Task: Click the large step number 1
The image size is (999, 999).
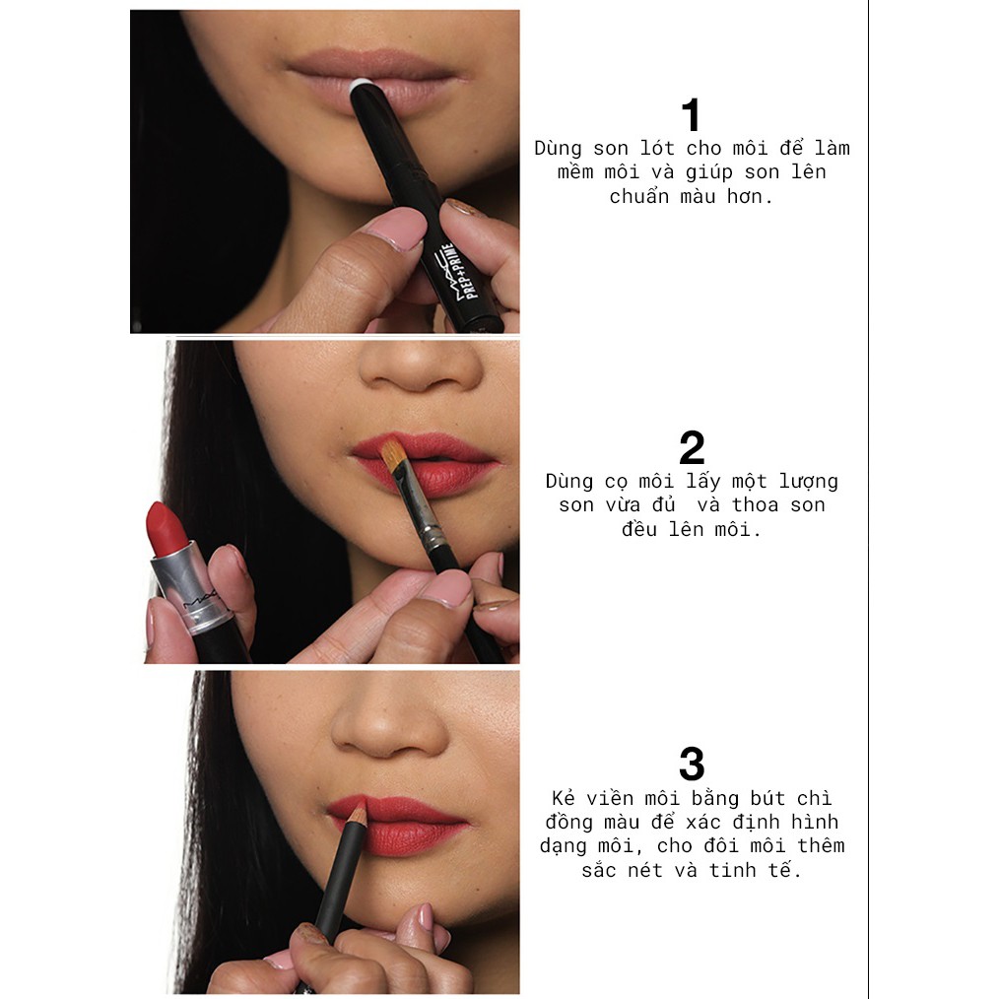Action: [692, 115]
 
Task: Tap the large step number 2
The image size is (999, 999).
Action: [693, 448]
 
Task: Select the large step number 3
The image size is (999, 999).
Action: [693, 764]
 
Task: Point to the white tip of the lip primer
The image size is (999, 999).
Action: [361, 86]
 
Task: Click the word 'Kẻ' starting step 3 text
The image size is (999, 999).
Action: [563, 798]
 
